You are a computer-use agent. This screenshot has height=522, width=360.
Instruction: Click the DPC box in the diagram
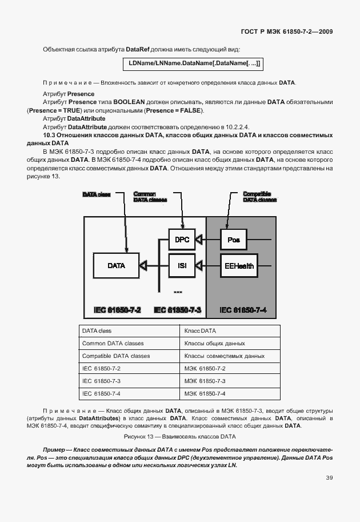click(x=182, y=239)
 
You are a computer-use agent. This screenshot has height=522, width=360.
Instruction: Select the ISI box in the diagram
click(x=182, y=265)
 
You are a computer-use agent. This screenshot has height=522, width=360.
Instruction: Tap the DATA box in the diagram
click(x=116, y=265)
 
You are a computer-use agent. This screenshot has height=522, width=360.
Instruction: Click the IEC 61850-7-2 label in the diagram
click(x=117, y=310)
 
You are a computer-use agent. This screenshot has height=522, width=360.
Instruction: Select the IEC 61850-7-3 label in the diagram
click(x=178, y=310)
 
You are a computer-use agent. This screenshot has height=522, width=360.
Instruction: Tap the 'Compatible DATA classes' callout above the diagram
click(x=260, y=197)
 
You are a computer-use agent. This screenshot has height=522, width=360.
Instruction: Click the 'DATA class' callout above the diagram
click(x=97, y=195)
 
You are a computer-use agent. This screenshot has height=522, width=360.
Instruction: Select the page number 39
click(x=329, y=477)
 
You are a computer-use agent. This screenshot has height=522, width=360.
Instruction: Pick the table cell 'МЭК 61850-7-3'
click(x=205, y=381)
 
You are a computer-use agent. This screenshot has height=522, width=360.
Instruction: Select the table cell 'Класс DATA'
click(x=200, y=331)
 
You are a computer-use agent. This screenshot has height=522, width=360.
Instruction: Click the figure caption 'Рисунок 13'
click(x=179, y=436)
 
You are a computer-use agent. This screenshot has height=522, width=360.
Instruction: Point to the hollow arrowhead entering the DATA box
click(x=143, y=265)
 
